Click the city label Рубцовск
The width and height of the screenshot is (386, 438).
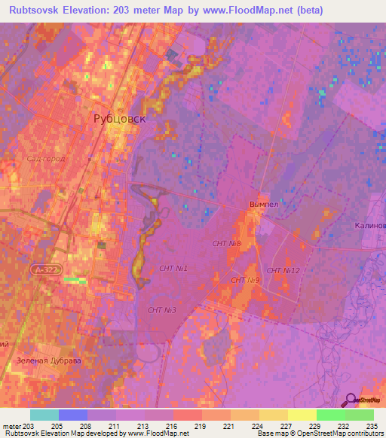[x=119, y=118]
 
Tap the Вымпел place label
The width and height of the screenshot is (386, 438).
[x=263, y=204]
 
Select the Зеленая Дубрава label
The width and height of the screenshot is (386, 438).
[x=47, y=360]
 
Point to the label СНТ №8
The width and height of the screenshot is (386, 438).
[x=226, y=243]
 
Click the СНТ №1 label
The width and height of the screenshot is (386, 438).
[x=173, y=268]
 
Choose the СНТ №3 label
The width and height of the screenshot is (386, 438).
[x=162, y=310]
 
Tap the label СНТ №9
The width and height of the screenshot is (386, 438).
[x=246, y=280]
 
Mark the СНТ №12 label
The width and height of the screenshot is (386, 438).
[x=283, y=271]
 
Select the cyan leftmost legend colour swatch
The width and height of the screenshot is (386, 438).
[x=44, y=415]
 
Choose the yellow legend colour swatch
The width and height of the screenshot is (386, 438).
[x=302, y=415]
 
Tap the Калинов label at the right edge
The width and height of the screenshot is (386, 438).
[x=369, y=225]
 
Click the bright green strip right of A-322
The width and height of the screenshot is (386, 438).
[x=75, y=280]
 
